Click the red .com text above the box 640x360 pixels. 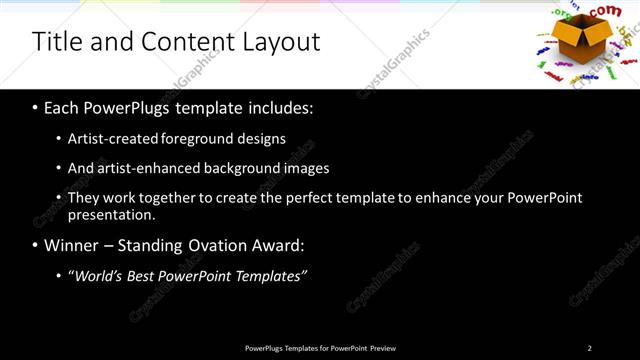[606, 11]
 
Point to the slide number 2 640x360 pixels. [589, 348]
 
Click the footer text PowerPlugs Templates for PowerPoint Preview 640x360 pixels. [320, 348]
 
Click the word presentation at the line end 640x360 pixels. [110, 215]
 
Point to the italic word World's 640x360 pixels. [97, 275]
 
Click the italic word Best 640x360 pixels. [144, 275]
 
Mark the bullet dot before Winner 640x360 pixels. [36, 245]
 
